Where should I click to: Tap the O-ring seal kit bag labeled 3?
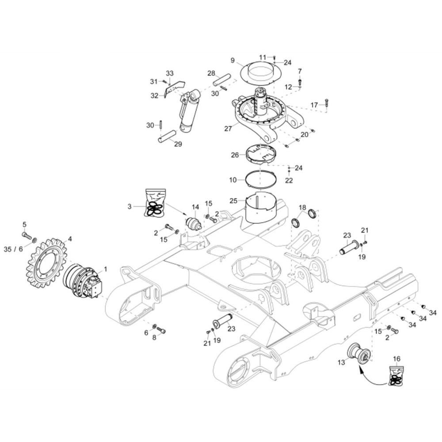coord(156,203)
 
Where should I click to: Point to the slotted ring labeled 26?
coord(261,154)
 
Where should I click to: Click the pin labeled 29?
coord(167,136)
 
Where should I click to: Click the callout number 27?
coord(228,129)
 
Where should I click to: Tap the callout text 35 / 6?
coord(13,249)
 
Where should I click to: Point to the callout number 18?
coord(302,207)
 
